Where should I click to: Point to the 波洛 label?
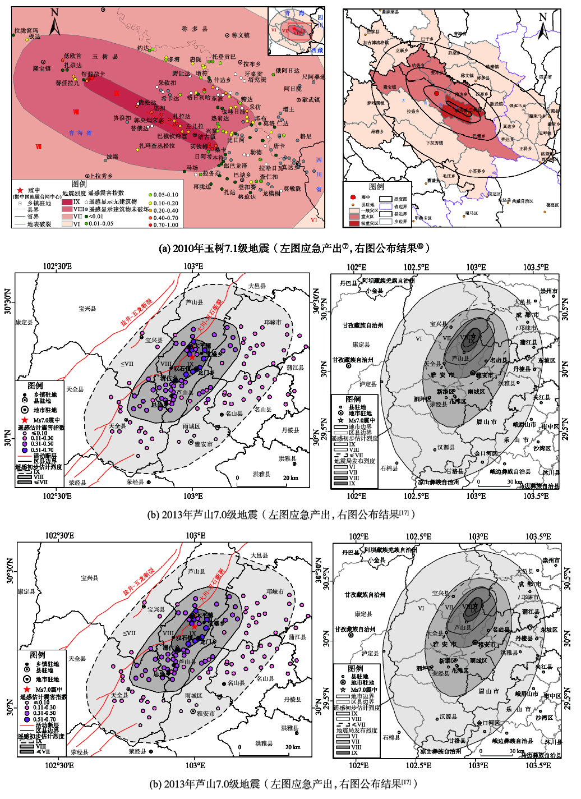click(x=112, y=157)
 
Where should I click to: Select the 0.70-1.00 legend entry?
click(x=166, y=224)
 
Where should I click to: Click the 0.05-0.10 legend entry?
click(x=166, y=195)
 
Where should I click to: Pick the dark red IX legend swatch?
click(x=67, y=201)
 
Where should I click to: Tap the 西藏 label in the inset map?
click(x=317, y=50)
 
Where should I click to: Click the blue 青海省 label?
click(x=80, y=133)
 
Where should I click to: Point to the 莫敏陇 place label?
click(x=292, y=189)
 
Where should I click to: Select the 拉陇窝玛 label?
click(x=26, y=31)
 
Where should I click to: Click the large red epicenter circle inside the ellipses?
click(x=436, y=93)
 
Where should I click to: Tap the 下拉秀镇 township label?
click(x=435, y=143)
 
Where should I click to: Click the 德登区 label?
click(x=552, y=205)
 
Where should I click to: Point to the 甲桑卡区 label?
click(x=423, y=218)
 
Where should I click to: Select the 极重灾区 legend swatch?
click(x=353, y=223)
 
